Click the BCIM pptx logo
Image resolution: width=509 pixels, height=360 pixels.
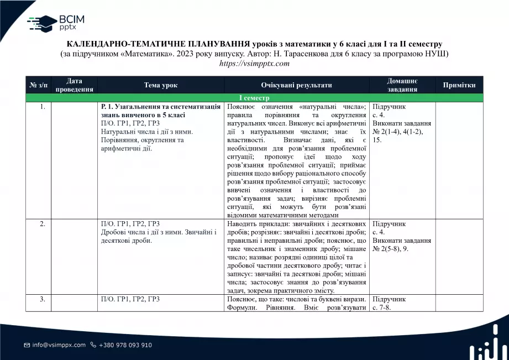(x=56, y=23)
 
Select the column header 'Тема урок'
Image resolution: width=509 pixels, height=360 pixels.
(x=161, y=85)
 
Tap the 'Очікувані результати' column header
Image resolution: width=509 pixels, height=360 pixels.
(x=296, y=85)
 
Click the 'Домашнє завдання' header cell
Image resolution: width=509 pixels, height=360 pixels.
(x=402, y=85)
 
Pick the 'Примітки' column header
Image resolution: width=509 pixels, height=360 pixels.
(x=459, y=85)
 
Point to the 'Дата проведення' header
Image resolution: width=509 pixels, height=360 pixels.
(x=74, y=85)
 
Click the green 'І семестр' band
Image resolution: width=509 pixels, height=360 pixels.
(x=254, y=97)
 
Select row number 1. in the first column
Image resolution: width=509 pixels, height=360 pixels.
(x=43, y=106)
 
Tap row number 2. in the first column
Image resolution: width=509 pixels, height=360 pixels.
(x=43, y=224)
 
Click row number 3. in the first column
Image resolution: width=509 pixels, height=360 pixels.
(x=43, y=299)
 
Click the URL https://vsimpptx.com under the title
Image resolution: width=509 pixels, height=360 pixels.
(x=254, y=64)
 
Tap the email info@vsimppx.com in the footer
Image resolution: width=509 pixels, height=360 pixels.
(x=59, y=345)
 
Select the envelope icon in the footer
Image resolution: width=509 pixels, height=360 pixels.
(x=27, y=345)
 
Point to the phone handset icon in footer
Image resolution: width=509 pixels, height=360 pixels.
(x=93, y=345)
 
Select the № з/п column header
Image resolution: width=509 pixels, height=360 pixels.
(x=38, y=85)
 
